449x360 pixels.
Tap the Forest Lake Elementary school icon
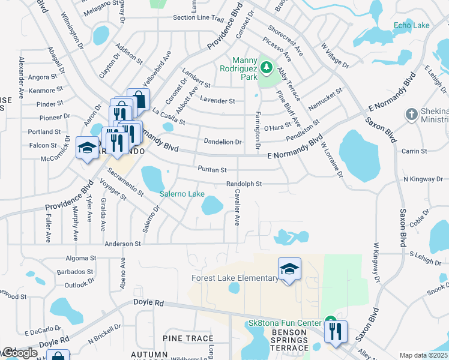pyautogui.click(x=289, y=269)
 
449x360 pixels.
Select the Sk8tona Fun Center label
pyautogui.click(x=285, y=323)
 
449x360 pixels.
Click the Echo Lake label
pyautogui.click(x=411, y=25)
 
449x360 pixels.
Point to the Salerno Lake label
pyautogui.click(x=182, y=194)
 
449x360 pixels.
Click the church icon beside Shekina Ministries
pyautogui.click(x=411, y=113)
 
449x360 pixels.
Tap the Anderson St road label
pyautogui.click(x=122, y=244)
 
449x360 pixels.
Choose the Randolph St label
pyautogui.click(x=244, y=184)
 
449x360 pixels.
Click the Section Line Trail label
pyautogui.click(x=198, y=17)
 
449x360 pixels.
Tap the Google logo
pyautogui.click(x=20, y=353)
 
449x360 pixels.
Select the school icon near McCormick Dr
pyautogui.click(x=87, y=149)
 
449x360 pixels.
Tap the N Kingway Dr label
pyautogui.click(x=422, y=179)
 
